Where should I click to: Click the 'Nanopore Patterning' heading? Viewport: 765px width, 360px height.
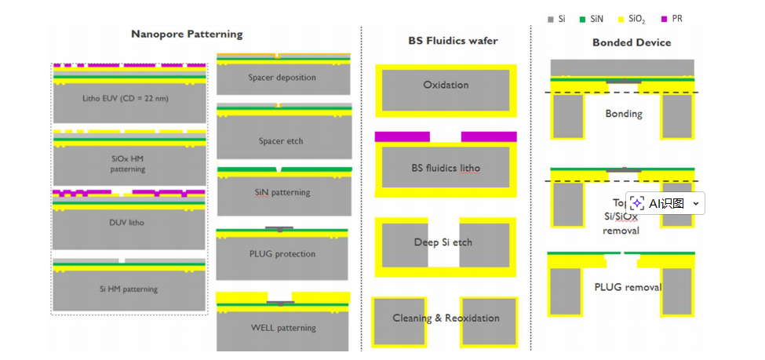187,34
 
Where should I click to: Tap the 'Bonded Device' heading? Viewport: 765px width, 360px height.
632,42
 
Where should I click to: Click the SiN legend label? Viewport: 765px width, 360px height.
597,19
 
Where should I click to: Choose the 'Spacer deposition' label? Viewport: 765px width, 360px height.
282,78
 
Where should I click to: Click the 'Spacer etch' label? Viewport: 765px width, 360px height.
282,141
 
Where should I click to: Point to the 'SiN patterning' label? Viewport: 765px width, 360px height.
282,192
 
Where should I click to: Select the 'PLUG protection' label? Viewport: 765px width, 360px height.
282,254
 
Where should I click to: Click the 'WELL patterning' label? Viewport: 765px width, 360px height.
282,327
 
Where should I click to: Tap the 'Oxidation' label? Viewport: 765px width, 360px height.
446,85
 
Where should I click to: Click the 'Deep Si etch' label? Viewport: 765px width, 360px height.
443,242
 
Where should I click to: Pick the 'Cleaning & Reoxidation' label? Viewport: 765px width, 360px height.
446,318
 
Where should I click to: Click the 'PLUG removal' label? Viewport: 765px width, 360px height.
628,287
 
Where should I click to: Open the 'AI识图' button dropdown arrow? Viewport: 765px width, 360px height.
695,203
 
